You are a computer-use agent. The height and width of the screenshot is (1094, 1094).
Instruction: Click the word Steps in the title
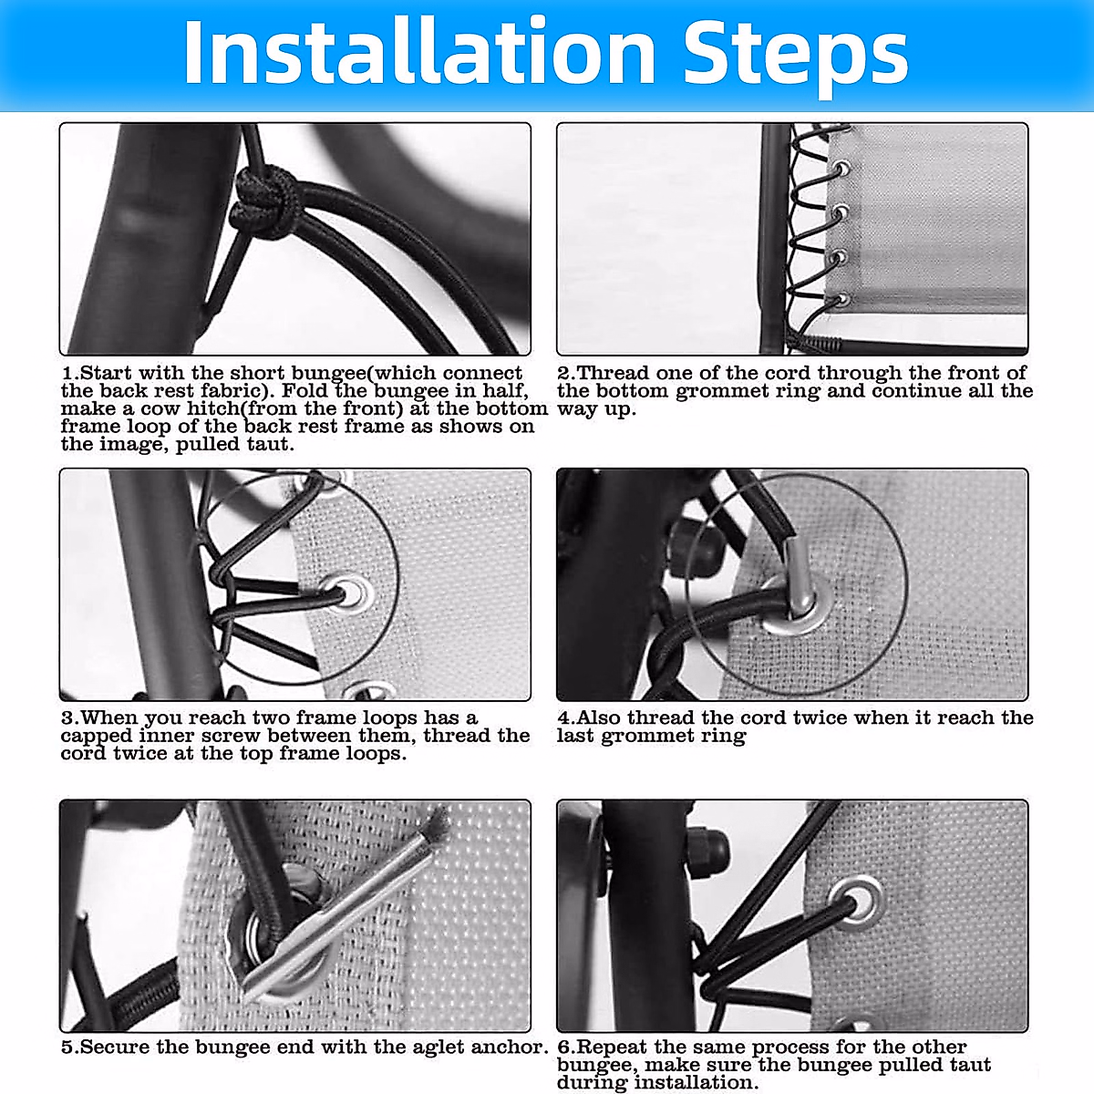coord(796,57)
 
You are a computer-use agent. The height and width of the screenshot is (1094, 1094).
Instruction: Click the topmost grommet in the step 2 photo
coord(841,169)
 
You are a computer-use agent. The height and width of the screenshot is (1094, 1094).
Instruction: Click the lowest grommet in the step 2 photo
coord(843,298)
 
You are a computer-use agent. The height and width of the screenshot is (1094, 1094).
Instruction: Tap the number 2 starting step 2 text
coord(563,373)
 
